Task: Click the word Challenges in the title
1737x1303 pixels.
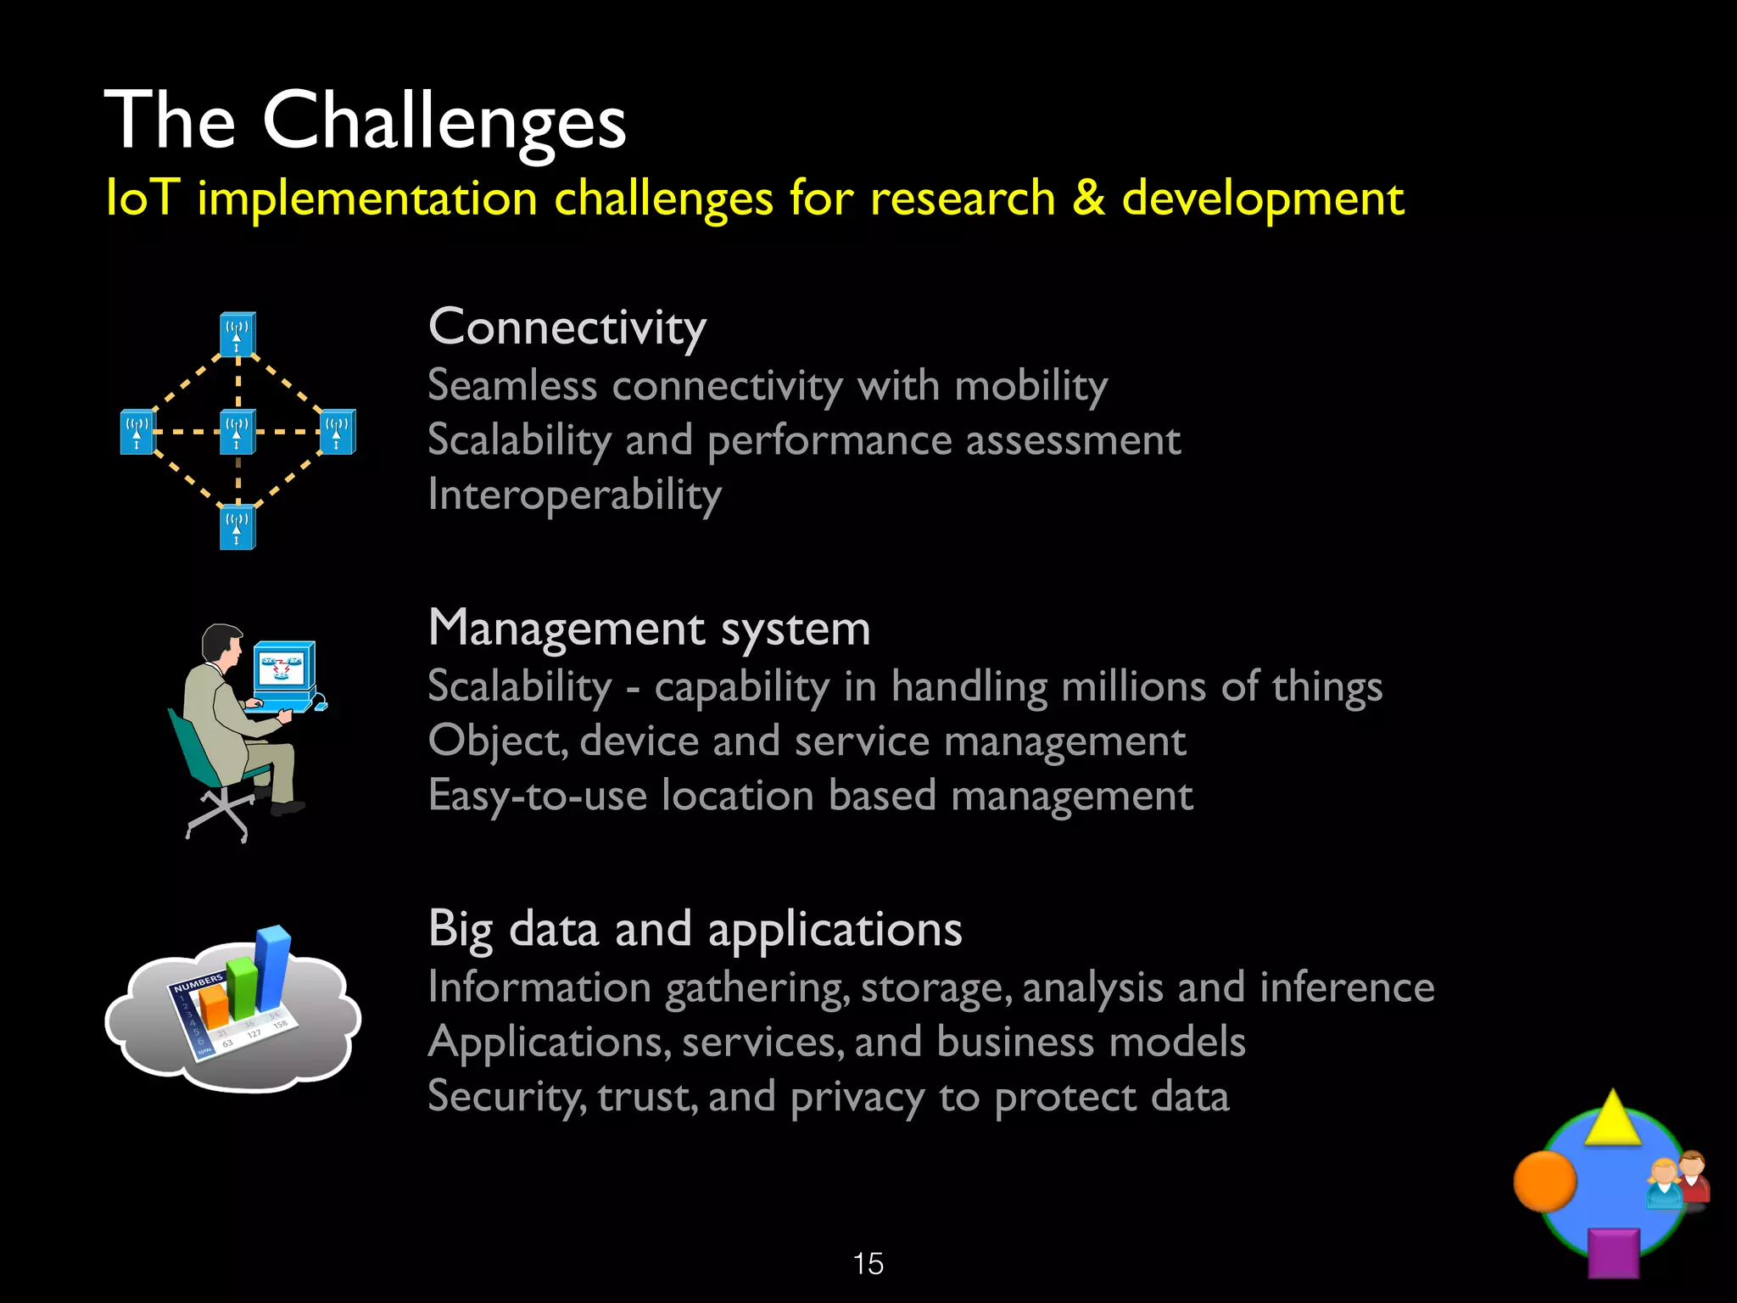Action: click(444, 121)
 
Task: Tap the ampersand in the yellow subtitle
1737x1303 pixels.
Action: click(1088, 199)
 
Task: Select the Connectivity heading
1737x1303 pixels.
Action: click(567, 327)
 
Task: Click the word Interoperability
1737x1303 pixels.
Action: click(574, 495)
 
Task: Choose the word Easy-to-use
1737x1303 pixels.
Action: click(537, 796)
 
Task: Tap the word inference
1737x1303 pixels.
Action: click(1347, 987)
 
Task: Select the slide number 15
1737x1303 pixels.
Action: click(868, 1264)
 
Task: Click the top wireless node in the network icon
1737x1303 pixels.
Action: click(237, 333)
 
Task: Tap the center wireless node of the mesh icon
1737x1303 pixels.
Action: click(237, 431)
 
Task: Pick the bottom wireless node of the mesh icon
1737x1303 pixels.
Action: click(237, 527)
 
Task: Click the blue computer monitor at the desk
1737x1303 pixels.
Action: click(285, 668)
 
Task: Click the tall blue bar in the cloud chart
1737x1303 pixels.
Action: click(273, 967)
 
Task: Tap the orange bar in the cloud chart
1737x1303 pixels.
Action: click(214, 1006)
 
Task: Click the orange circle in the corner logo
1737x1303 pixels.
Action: click(1544, 1181)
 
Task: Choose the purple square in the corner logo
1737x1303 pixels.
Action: click(1612, 1252)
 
